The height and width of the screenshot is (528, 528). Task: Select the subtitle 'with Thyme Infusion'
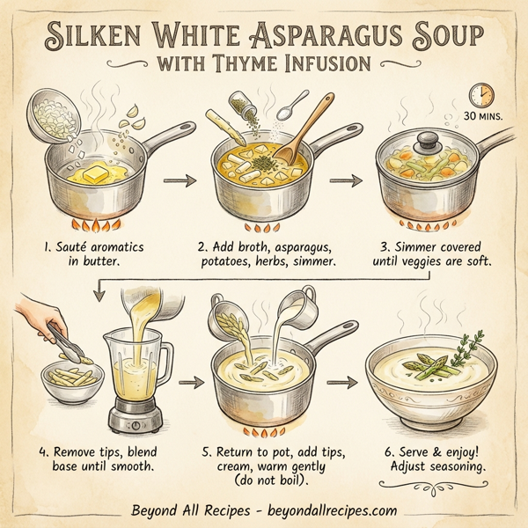click(x=264, y=65)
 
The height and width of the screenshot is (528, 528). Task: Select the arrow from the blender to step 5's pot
click(x=187, y=383)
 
